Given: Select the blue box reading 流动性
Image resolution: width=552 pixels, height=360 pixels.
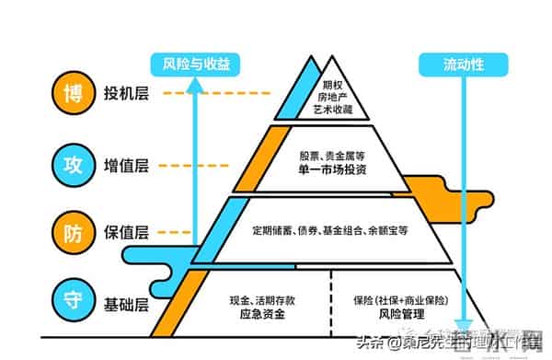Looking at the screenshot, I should click(464, 64).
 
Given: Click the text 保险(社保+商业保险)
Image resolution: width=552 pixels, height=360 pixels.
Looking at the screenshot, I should click(400, 300).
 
